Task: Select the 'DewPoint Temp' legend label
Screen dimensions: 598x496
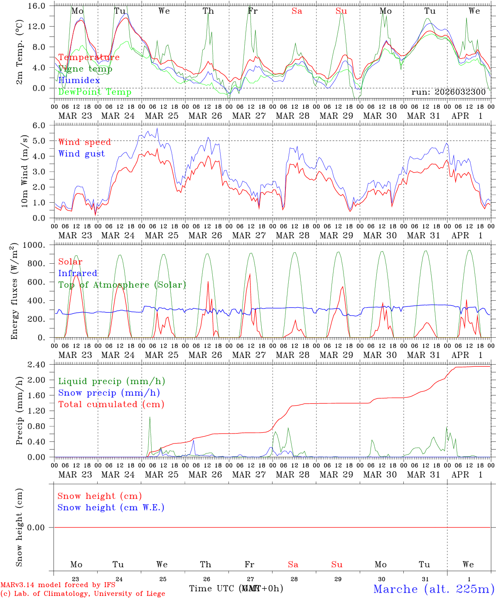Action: tap(95, 92)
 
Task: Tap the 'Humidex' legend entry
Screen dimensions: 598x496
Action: tap(79, 81)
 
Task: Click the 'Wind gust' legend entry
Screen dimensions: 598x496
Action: tap(81, 154)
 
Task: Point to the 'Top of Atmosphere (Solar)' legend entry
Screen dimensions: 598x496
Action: tap(122, 285)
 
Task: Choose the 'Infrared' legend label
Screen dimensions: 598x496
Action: tap(78, 273)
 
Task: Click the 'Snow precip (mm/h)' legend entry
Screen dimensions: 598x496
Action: tap(109, 393)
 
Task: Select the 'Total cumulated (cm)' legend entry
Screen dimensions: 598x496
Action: tap(111, 404)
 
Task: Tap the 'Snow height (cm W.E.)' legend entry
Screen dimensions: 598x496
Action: tap(110, 507)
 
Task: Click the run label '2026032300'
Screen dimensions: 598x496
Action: tap(448, 92)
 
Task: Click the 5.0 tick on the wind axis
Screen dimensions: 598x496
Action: tap(39, 141)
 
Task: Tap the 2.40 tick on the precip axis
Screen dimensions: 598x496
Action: tap(36, 365)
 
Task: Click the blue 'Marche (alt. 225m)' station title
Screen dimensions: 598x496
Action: tap(433, 589)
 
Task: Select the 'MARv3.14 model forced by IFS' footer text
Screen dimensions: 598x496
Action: tap(58, 585)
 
